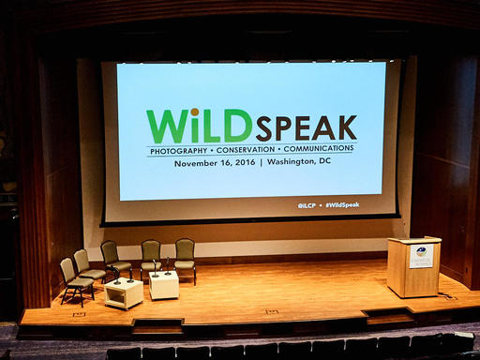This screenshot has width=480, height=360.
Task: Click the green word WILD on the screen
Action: pyautogui.click(x=199, y=126)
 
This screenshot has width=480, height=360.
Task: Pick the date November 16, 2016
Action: pyautogui.click(x=215, y=162)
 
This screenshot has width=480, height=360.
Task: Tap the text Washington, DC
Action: pyautogui.click(x=299, y=162)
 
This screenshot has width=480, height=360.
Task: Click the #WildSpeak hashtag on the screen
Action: pyautogui.click(x=341, y=204)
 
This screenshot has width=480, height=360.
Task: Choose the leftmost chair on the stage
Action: pyautogui.click(x=74, y=279)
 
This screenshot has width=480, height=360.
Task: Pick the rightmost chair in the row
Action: pyautogui.click(x=185, y=259)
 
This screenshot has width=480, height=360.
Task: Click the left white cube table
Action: pyautogui.click(x=124, y=293)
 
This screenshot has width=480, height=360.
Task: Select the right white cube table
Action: pyautogui.click(x=164, y=285)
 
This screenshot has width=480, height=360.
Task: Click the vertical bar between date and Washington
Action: pyautogui.click(x=261, y=162)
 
